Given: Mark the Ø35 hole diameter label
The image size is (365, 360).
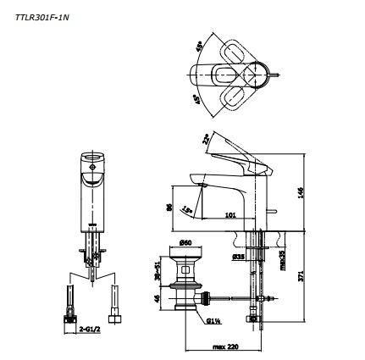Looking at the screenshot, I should click(x=239, y=254).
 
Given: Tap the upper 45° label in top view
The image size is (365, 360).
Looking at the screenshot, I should click(x=199, y=43).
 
